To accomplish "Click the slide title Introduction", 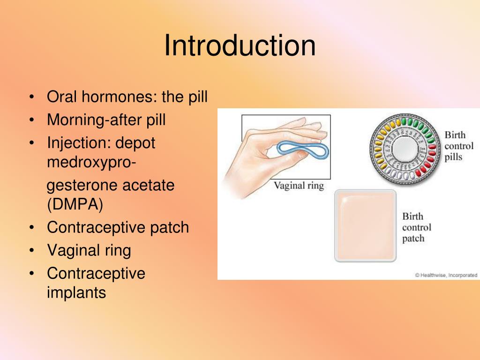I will (240, 46).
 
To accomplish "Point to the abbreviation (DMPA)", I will (75, 205).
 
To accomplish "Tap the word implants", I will (76, 293).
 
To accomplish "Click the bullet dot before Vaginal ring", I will (31, 251).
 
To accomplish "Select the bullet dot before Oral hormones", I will (31, 97).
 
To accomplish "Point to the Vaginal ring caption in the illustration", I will (299, 186).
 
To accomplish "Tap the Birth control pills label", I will (458, 146).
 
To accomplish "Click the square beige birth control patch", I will (366, 225).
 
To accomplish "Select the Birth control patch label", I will (416, 227).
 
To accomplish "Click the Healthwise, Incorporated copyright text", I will (446, 275).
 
